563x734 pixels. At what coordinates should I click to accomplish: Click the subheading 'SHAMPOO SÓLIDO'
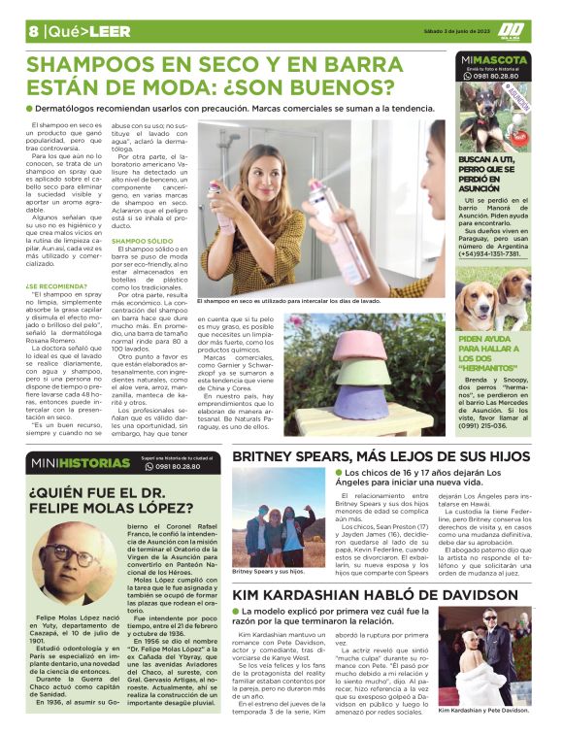(143, 239)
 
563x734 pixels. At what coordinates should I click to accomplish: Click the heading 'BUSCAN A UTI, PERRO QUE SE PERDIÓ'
(492, 176)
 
